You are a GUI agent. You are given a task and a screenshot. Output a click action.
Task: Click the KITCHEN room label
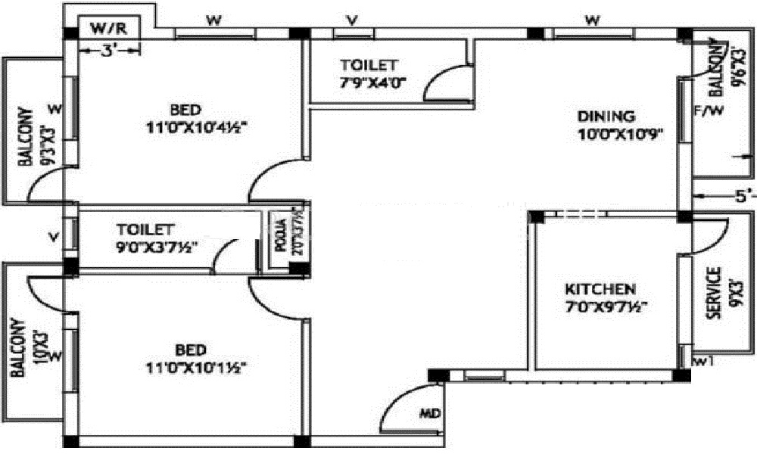coord(601,289)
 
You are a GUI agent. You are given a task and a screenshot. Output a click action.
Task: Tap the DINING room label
coord(606,117)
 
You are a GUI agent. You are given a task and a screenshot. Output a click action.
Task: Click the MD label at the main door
coord(429,413)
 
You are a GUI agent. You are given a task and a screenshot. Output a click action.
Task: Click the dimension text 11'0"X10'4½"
coord(198,127)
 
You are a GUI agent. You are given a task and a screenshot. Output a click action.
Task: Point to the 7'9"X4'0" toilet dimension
coord(369,82)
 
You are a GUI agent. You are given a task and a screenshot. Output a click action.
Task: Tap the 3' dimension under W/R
coord(109,51)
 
